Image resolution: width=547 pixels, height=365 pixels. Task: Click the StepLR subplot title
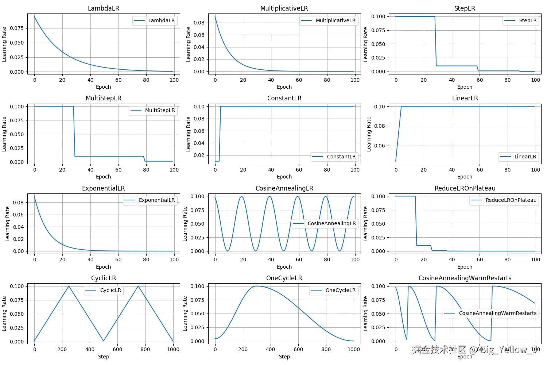(x=465, y=8)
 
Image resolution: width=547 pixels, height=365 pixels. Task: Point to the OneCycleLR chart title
(x=284, y=278)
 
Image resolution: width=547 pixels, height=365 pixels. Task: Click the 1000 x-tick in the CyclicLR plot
(x=173, y=349)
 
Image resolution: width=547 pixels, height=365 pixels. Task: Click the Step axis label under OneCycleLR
(x=284, y=357)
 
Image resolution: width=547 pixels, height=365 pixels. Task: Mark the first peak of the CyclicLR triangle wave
(x=69, y=286)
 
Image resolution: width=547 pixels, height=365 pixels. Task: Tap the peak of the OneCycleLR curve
(x=257, y=286)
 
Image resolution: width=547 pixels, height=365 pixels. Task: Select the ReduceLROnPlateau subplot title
(x=465, y=188)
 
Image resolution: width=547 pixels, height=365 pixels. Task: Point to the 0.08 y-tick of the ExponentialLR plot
(x=18, y=203)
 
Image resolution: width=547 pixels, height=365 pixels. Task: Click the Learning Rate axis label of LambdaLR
(x=4, y=44)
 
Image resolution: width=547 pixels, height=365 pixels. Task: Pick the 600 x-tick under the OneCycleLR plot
(x=298, y=349)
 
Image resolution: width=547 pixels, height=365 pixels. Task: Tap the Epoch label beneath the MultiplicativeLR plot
(x=284, y=87)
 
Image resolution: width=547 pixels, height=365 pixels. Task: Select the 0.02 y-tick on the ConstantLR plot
(x=199, y=155)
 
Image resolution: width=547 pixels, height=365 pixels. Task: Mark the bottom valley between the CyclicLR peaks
(x=104, y=341)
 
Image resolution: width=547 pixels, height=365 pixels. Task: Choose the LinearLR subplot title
(x=465, y=98)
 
